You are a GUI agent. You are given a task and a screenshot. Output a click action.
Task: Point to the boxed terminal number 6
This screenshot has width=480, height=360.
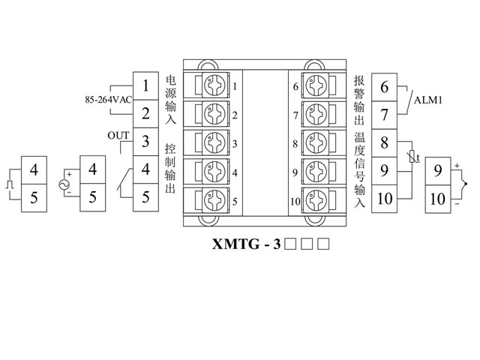pos(385,87)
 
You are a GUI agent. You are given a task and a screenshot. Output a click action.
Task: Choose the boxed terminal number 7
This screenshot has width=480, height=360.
pos(385,115)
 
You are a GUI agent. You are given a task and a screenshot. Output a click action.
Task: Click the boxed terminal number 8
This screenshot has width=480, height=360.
pos(385,143)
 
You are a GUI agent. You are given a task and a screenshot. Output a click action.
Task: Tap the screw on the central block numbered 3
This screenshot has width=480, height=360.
pos(213,142)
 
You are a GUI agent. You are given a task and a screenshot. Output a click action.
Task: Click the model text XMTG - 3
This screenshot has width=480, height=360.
pos(247,244)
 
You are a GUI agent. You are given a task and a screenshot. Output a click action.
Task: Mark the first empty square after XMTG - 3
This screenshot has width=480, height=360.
pos(292,244)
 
